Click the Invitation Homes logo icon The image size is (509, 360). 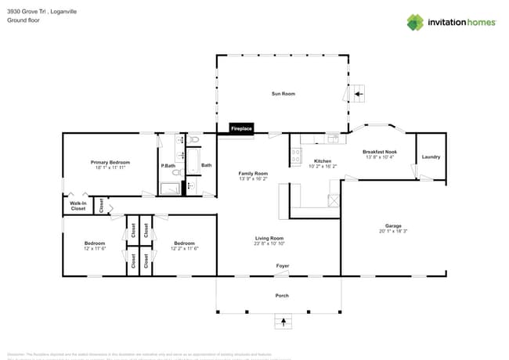coord(415,22)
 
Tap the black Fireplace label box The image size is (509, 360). coord(241,128)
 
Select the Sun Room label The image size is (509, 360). coord(283,94)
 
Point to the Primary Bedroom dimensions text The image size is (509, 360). coord(110,167)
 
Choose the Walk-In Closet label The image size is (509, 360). coord(78,207)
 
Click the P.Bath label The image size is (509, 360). coord(168,165)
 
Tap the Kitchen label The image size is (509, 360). coord(323,160)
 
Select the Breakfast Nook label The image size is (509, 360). coord(379,152)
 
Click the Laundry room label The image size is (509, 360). coord(431,157)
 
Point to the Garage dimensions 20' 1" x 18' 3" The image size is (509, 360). coord(393,231)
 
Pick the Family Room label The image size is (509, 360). coord(253,173)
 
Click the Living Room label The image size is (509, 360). coord(269,238)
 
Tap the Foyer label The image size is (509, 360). coord(282,266)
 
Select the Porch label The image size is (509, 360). coord(282,295)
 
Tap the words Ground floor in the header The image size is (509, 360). coord(23,21)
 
